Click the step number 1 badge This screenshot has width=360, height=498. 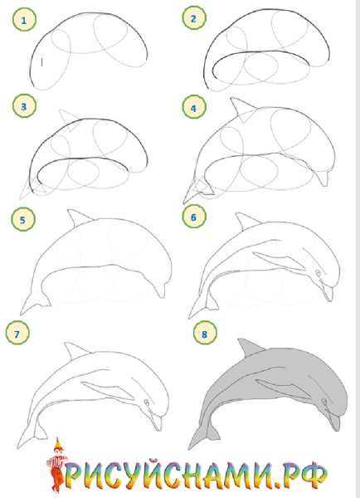coord(24,20)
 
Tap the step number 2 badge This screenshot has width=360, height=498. coord(194,18)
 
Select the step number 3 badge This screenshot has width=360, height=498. coord(24,106)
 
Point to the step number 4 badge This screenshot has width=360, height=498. coord(194,107)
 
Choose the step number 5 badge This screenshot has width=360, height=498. coord(23,219)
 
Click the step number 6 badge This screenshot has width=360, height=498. coord(194,217)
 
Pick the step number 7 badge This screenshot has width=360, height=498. coord(17,333)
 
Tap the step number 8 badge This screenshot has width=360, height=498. coord(205,333)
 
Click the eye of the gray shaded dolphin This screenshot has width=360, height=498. coord(324,402)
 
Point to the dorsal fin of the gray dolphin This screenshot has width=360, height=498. coord(249,348)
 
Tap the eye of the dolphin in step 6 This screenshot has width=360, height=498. coord(318,273)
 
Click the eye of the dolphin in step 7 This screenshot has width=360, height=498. coord(147,403)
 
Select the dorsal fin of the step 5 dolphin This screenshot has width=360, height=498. coord(80,217)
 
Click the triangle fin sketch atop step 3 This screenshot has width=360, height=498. coord(71,120)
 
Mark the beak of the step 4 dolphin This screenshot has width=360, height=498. coord(324,178)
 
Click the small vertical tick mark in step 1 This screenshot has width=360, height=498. coord(42,62)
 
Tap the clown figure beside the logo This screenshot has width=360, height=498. coord(57,464)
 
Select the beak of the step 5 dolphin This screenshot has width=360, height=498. coord(161,290)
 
